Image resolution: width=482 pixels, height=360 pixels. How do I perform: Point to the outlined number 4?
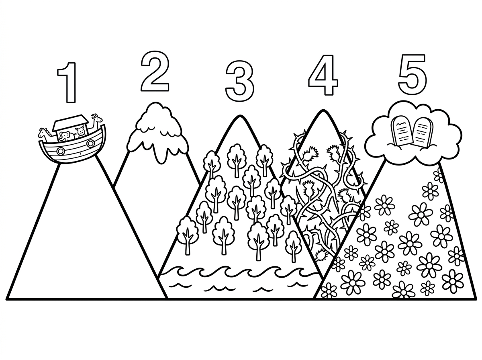click(323, 75)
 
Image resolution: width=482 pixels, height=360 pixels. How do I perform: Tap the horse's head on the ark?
click(43, 133)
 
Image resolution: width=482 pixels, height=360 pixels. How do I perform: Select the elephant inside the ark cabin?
click(66, 136)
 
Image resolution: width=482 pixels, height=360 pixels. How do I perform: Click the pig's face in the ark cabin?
click(80, 132)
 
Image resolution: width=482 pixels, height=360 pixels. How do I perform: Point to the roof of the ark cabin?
click(71, 123)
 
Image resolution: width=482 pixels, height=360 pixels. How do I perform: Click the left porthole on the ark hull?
click(60, 151)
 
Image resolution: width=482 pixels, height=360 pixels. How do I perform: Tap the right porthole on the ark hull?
click(90, 143)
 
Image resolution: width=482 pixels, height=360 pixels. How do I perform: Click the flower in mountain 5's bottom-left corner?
click(329, 290)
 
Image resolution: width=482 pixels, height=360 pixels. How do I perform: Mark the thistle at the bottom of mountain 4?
click(321, 255)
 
